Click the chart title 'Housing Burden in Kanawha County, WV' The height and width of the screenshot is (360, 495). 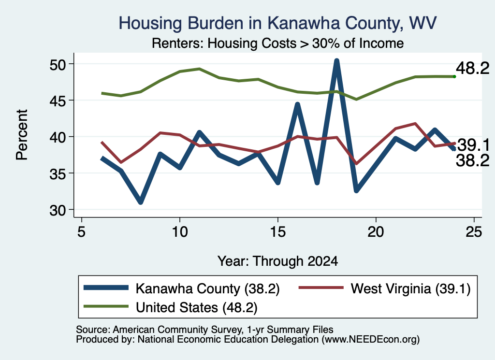click(x=277, y=23)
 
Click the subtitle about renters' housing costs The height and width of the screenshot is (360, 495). click(x=277, y=43)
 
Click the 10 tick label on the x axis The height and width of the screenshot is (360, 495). click(x=180, y=232)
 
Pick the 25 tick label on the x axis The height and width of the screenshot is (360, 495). click(x=474, y=232)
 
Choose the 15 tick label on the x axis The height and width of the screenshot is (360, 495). click(x=278, y=232)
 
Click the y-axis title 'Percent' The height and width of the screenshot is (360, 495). click(x=22, y=135)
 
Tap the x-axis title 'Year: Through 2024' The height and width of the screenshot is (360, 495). click(x=277, y=261)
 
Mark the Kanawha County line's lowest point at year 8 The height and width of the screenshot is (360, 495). click(x=141, y=202)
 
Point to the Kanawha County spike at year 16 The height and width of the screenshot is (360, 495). click(x=297, y=104)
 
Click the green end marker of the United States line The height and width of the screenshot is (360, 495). click(x=454, y=77)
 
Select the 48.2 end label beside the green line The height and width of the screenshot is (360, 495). click(x=473, y=68)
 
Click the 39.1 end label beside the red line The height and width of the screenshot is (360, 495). click(x=473, y=145)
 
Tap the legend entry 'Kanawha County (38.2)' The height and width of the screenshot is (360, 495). click(x=207, y=288)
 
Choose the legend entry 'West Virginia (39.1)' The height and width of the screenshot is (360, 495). click(x=410, y=288)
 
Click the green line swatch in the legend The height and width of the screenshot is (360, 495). click(x=106, y=306)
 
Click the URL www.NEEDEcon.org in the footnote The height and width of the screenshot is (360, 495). click(x=370, y=339)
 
